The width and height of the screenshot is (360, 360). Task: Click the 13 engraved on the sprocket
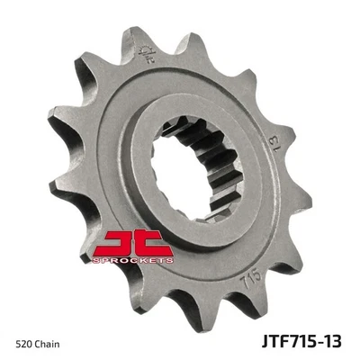coord(269,142)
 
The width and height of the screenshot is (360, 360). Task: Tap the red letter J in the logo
coord(115,240)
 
